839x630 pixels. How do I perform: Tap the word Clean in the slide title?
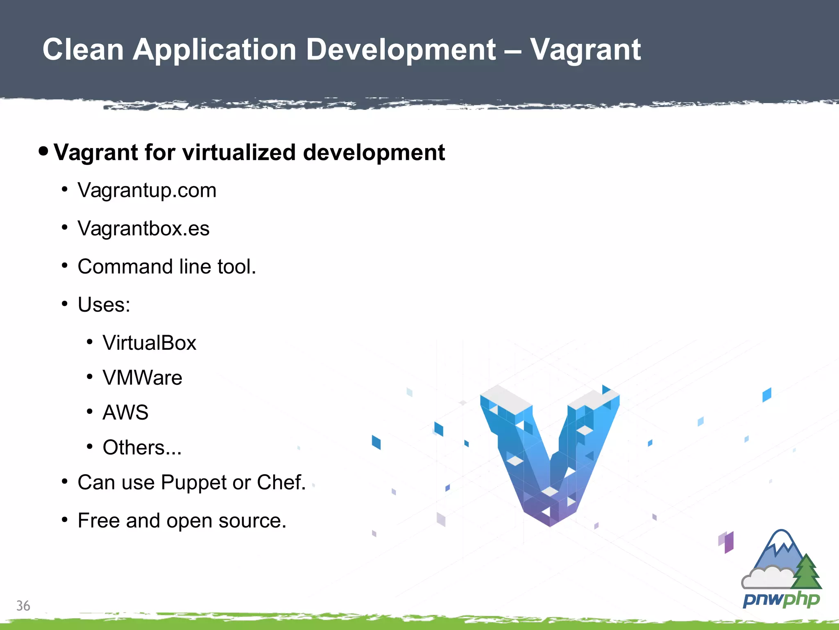(x=83, y=49)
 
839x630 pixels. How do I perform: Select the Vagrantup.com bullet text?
(x=147, y=190)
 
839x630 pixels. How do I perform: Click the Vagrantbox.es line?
(x=143, y=228)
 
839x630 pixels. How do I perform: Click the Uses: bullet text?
(x=104, y=305)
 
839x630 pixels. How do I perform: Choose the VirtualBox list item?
(x=150, y=343)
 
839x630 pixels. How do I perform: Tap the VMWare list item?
(x=142, y=378)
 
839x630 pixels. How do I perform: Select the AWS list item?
(x=125, y=413)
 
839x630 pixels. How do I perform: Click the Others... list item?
(x=142, y=447)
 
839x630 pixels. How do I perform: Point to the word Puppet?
(x=194, y=483)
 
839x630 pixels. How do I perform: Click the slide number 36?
(x=23, y=606)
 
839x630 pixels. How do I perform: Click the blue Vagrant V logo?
(x=550, y=455)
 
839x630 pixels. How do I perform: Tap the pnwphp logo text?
(x=781, y=600)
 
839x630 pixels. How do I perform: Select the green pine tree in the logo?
(x=806, y=572)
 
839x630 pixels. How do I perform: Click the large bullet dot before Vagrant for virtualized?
(x=43, y=151)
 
